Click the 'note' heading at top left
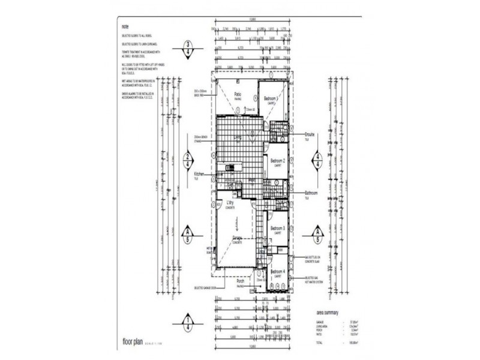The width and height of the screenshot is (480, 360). pyautogui.click(x=125, y=26)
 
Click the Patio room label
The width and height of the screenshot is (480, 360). pyautogui.click(x=238, y=94)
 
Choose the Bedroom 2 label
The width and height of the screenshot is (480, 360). pyautogui.click(x=277, y=161)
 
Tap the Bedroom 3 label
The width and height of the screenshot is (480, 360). pyautogui.click(x=277, y=229)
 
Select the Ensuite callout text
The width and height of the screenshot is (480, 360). pyautogui.click(x=310, y=134)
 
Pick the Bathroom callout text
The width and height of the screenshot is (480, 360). pyautogui.click(x=311, y=193)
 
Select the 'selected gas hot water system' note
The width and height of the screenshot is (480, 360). pyautogui.click(x=317, y=279)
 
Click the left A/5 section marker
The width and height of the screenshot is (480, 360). pyautogui.click(x=189, y=233)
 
